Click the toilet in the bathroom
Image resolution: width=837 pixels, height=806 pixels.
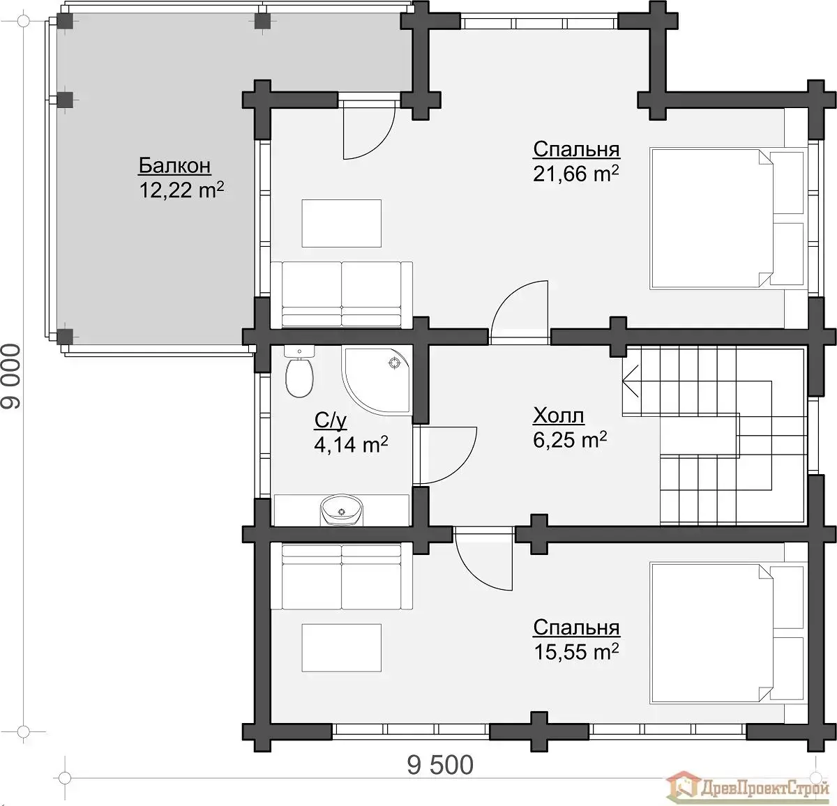tap(299, 372)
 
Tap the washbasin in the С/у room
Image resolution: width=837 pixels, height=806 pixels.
tap(342, 510)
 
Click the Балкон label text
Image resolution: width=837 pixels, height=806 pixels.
tap(174, 165)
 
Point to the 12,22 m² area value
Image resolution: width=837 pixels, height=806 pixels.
tap(181, 190)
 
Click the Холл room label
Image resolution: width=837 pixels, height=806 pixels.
tap(559, 416)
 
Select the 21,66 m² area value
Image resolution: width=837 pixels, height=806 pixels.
tap(576, 174)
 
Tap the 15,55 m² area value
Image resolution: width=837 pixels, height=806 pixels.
tap(576, 652)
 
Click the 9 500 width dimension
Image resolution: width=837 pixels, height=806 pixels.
tap(440, 766)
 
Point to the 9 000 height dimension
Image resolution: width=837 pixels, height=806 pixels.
tap(11, 376)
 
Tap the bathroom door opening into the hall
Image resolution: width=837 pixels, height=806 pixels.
tap(447, 456)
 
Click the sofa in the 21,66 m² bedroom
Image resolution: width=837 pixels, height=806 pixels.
tap(342, 295)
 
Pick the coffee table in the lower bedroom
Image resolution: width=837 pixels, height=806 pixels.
tap(342, 648)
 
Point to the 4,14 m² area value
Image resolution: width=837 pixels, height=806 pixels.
tap(351, 444)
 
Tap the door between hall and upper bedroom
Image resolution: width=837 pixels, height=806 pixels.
tap(520, 312)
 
